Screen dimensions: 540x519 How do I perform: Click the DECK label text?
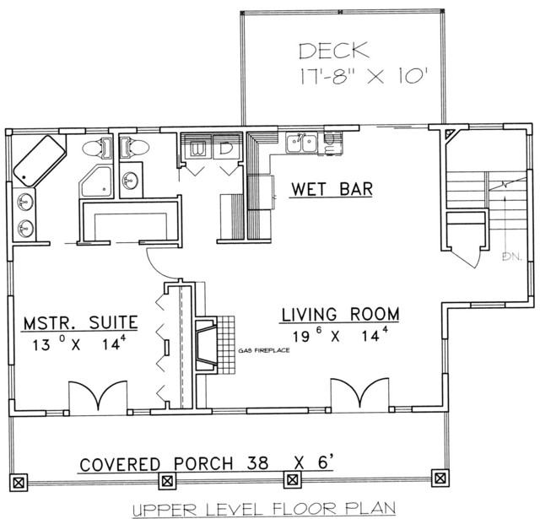click(333, 51)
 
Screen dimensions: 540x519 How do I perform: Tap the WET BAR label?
click(332, 189)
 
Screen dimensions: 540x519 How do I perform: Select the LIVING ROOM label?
click(341, 314)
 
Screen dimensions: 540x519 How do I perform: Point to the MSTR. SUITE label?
click(81, 322)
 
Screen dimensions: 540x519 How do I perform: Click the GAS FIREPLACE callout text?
click(264, 350)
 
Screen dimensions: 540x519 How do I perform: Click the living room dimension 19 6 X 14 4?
click(341, 335)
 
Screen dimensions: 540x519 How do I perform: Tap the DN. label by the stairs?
click(512, 257)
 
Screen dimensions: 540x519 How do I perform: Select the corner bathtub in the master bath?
click(39, 161)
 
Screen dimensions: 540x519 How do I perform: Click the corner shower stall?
click(96, 181)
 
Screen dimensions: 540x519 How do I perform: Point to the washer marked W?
click(196, 149)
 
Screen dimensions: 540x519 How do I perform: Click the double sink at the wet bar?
click(301, 143)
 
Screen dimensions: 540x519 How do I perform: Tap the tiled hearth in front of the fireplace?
click(226, 345)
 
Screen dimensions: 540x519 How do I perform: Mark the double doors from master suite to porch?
click(98, 396)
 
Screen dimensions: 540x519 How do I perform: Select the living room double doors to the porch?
click(360, 394)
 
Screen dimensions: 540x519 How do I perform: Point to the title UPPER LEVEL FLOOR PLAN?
click(264, 508)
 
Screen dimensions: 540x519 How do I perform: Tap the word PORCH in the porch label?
click(203, 464)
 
